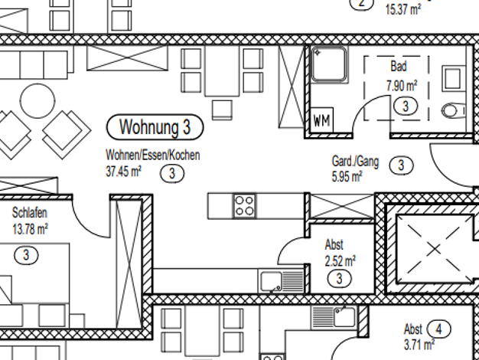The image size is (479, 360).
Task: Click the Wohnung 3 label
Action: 155,126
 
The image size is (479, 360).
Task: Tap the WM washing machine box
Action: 321,121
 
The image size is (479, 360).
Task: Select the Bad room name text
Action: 398,67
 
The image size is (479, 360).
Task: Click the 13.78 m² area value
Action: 31,228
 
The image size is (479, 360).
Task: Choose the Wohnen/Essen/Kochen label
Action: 153,155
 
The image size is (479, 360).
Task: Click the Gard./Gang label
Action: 355,162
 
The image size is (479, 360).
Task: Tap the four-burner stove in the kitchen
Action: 245,205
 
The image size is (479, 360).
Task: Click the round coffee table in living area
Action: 34,100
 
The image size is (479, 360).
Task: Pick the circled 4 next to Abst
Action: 439,329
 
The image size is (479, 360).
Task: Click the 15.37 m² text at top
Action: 405,9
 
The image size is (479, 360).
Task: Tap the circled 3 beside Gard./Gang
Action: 401,164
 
